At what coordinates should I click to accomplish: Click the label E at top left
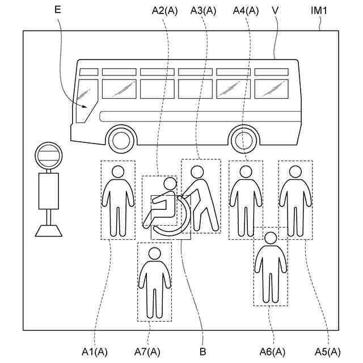[57, 10]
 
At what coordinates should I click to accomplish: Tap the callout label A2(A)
[165, 10]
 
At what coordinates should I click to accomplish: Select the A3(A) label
[204, 10]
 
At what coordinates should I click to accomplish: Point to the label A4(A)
[246, 10]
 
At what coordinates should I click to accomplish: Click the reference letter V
[275, 10]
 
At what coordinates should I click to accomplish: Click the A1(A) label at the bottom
[95, 352]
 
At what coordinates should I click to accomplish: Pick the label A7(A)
[147, 352]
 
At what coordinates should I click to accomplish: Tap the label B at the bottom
[202, 352]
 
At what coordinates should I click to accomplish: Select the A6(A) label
[272, 352]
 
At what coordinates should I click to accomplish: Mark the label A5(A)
[328, 352]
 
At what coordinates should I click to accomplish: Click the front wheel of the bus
[121, 140]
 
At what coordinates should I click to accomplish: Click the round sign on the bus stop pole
[48, 155]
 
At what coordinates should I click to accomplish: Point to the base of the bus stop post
[48, 230]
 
